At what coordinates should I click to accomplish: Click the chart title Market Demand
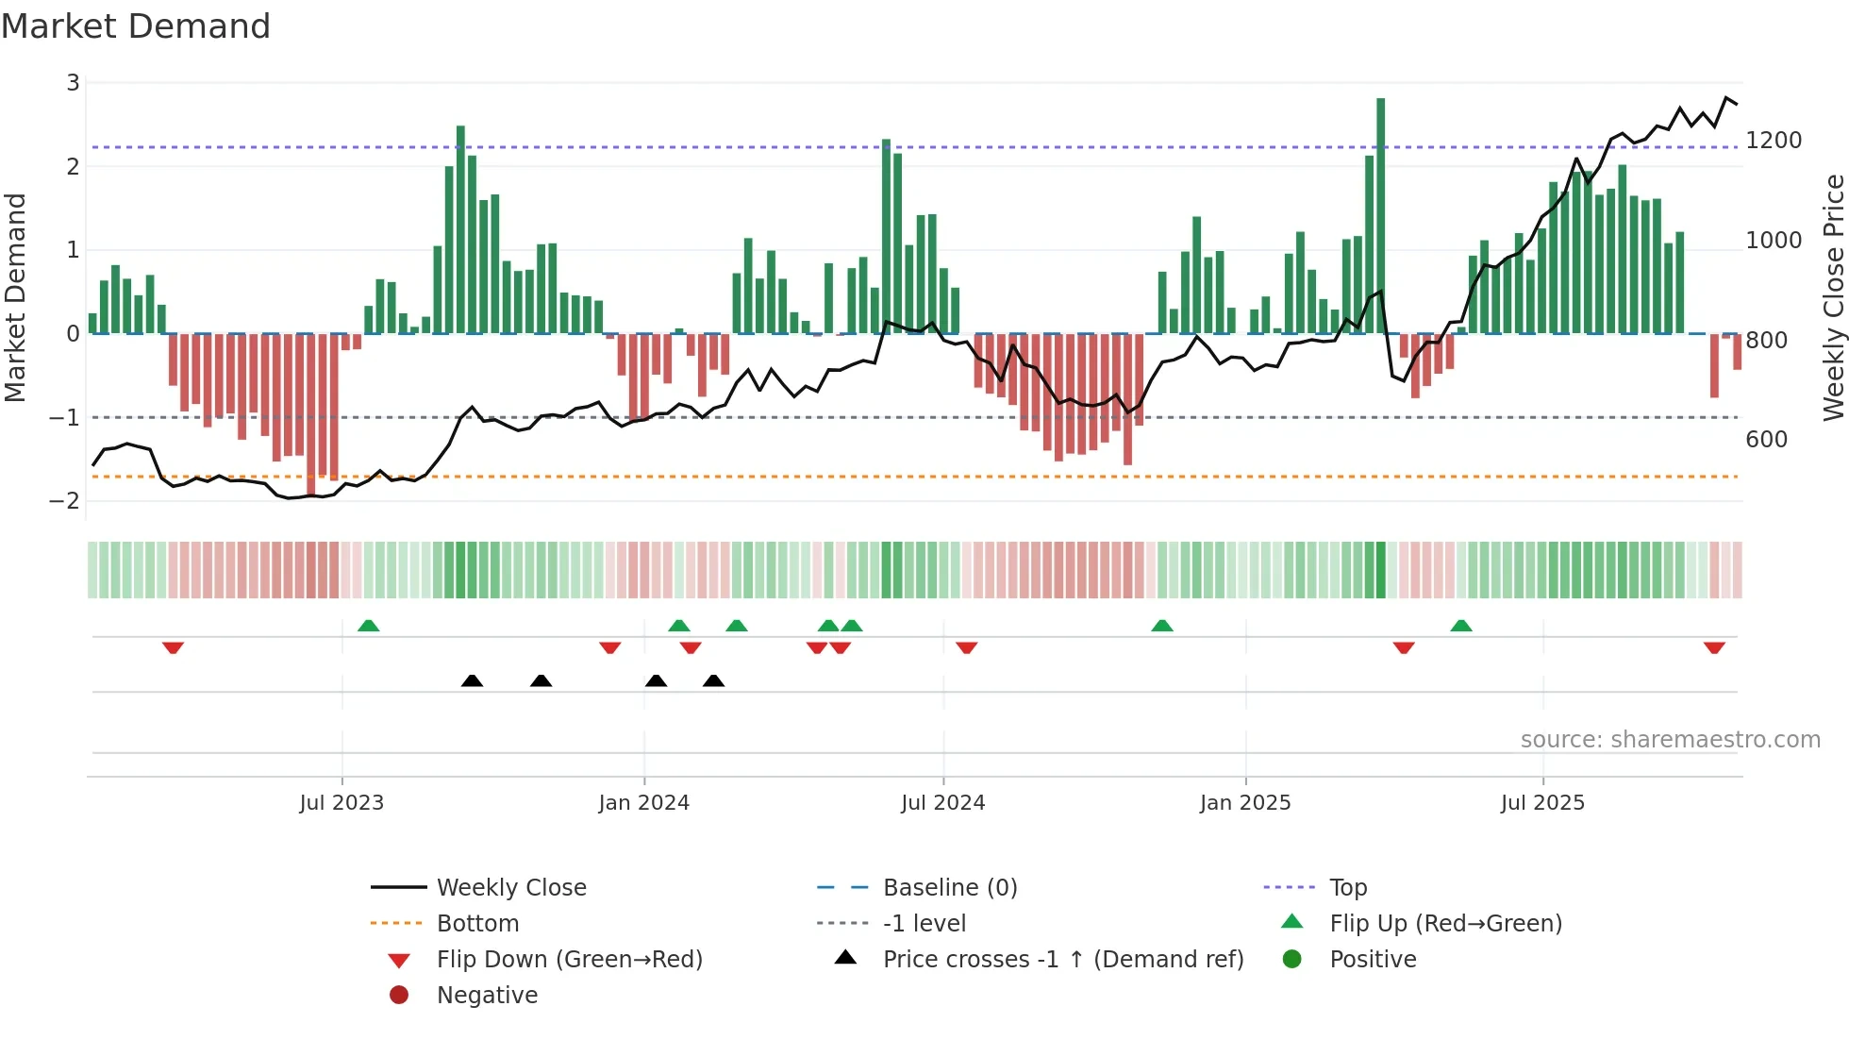click(136, 26)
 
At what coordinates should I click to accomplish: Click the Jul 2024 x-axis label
click(942, 803)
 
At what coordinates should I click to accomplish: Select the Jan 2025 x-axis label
click(1245, 803)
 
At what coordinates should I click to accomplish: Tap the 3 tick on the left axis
click(73, 83)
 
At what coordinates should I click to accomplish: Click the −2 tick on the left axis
click(65, 501)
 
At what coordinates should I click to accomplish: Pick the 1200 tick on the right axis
click(1774, 141)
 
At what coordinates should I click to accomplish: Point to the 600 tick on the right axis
click(1766, 440)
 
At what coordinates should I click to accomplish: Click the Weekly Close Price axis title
click(1833, 297)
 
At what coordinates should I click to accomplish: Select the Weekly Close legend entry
click(510, 888)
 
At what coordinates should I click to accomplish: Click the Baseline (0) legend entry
click(949, 888)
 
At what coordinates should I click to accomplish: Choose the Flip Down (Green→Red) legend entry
click(569, 960)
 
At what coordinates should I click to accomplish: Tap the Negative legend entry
click(487, 996)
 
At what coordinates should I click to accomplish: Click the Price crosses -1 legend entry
click(1062, 960)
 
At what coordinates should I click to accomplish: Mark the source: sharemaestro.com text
click(1670, 740)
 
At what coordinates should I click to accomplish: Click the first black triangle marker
click(472, 681)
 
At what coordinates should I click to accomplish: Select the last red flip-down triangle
click(1714, 647)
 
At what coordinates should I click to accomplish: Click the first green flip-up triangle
click(369, 626)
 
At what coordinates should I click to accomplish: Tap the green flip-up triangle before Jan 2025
click(1162, 626)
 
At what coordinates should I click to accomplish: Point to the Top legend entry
click(1347, 888)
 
